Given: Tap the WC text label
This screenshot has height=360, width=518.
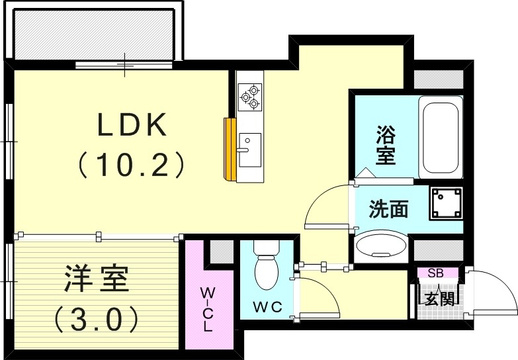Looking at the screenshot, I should [x=267, y=306].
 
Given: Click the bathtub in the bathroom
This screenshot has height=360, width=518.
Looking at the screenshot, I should [x=440, y=136].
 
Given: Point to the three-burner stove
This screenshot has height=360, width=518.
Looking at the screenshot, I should [x=251, y=96].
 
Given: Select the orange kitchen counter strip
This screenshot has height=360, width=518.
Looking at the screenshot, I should [x=230, y=149].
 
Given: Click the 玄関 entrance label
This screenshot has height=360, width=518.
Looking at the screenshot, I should [x=439, y=298].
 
